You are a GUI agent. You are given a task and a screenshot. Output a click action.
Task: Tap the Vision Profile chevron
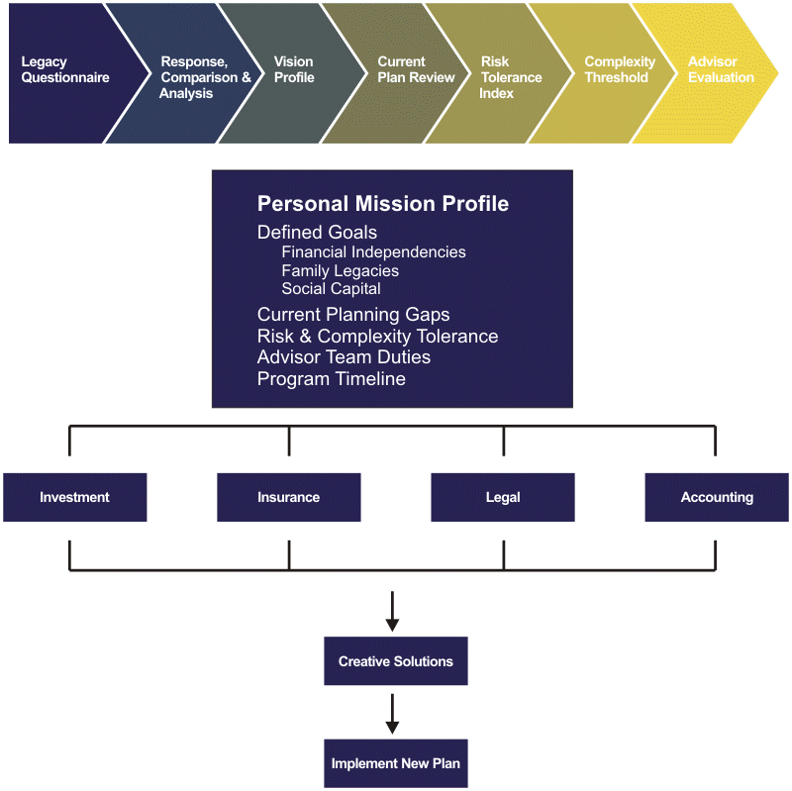(x=294, y=70)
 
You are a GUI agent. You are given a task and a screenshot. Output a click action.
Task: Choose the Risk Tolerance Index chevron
(x=511, y=77)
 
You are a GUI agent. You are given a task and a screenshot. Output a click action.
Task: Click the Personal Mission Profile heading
(x=383, y=204)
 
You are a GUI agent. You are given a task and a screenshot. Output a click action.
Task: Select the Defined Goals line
(x=317, y=233)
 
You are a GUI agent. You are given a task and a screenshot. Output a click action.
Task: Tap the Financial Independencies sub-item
(x=373, y=252)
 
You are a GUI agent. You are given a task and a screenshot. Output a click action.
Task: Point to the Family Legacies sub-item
(x=340, y=271)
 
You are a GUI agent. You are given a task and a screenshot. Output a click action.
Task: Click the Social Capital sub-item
(x=331, y=289)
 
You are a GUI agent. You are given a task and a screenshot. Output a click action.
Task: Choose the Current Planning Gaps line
(x=353, y=315)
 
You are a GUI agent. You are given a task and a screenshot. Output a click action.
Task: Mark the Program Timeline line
(x=331, y=379)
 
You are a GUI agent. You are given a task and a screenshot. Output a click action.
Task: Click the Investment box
(x=74, y=497)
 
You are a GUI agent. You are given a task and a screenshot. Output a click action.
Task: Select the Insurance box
(x=288, y=497)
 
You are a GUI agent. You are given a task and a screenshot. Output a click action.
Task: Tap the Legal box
(x=503, y=497)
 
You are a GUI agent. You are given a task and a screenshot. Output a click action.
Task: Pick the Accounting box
(x=717, y=497)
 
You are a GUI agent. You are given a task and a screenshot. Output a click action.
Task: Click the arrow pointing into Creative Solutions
(x=392, y=611)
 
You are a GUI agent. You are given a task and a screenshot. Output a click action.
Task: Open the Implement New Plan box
(x=396, y=763)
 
